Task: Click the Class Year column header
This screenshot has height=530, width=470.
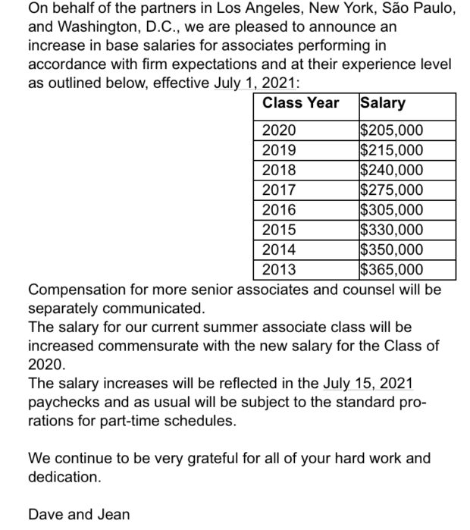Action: point(300,103)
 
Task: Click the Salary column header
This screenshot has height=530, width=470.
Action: point(384,103)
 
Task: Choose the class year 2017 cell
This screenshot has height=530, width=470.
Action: point(279,190)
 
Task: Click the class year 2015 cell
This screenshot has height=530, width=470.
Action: point(279,230)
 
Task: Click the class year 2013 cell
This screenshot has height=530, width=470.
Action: point(279,269)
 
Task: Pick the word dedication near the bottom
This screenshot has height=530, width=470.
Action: point(64,477)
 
